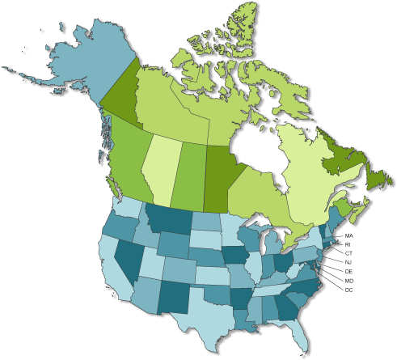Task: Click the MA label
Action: (x=348, y=235)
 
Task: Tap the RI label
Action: (x=348, y=244)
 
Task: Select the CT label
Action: (x=348, y=252)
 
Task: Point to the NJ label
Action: (x=348, y=261)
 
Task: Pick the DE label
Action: (x=348, y=270)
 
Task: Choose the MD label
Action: (x=348, y=280)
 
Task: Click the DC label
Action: (x=348, y=289)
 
